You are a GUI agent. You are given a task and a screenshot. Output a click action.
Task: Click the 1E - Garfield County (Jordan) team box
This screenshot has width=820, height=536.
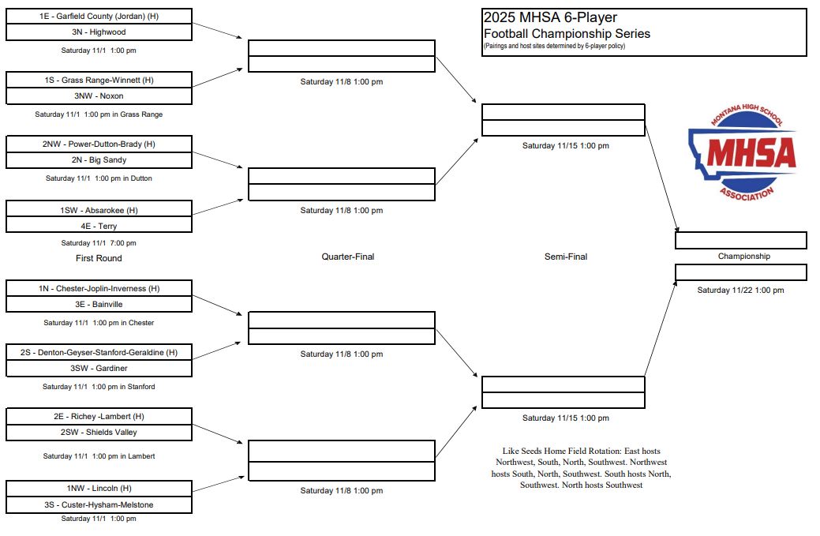[99, 17]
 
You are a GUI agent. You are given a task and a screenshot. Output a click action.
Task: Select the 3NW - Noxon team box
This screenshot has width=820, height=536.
[99, 96]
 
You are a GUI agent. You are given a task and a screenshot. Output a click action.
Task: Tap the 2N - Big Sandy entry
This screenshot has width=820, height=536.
[99, 160]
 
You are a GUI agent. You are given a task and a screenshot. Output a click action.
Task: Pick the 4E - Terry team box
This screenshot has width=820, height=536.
[99, 226]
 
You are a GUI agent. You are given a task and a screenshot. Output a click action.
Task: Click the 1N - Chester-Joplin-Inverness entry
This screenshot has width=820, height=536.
[99, 288]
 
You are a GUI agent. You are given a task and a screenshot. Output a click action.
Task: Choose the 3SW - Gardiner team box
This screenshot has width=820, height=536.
[99, 368]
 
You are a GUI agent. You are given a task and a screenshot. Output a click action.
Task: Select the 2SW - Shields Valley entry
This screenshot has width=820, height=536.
[99, 433]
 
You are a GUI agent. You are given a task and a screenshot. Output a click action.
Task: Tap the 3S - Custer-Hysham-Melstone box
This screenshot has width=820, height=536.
[99, 504]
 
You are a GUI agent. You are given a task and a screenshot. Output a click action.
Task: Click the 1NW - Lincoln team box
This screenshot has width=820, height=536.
[99, 489]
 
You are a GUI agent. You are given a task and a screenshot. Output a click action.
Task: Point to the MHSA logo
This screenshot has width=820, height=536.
[743, 152]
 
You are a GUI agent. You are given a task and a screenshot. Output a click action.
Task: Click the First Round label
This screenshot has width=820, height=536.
[99, 258]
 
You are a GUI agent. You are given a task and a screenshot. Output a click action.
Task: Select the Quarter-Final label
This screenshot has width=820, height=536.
[348, 257]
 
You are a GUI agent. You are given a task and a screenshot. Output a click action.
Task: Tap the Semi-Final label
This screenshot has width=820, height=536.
[566, 257]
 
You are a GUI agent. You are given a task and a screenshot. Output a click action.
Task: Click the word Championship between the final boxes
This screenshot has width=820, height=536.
[743, 257]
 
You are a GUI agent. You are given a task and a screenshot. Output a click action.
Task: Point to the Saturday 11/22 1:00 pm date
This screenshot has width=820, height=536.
[740, 290]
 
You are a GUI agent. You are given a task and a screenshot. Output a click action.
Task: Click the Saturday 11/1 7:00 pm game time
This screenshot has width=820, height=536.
[99, 243]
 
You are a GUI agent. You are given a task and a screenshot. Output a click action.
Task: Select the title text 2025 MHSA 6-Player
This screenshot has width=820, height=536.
[550, 17]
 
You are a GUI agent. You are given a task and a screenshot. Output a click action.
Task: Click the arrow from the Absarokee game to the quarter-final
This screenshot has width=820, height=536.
[218, 207]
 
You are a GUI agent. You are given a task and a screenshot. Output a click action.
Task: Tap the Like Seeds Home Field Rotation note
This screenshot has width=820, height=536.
[581, 468]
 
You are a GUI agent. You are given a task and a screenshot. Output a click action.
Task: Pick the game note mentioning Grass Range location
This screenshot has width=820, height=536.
[99, 114]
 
